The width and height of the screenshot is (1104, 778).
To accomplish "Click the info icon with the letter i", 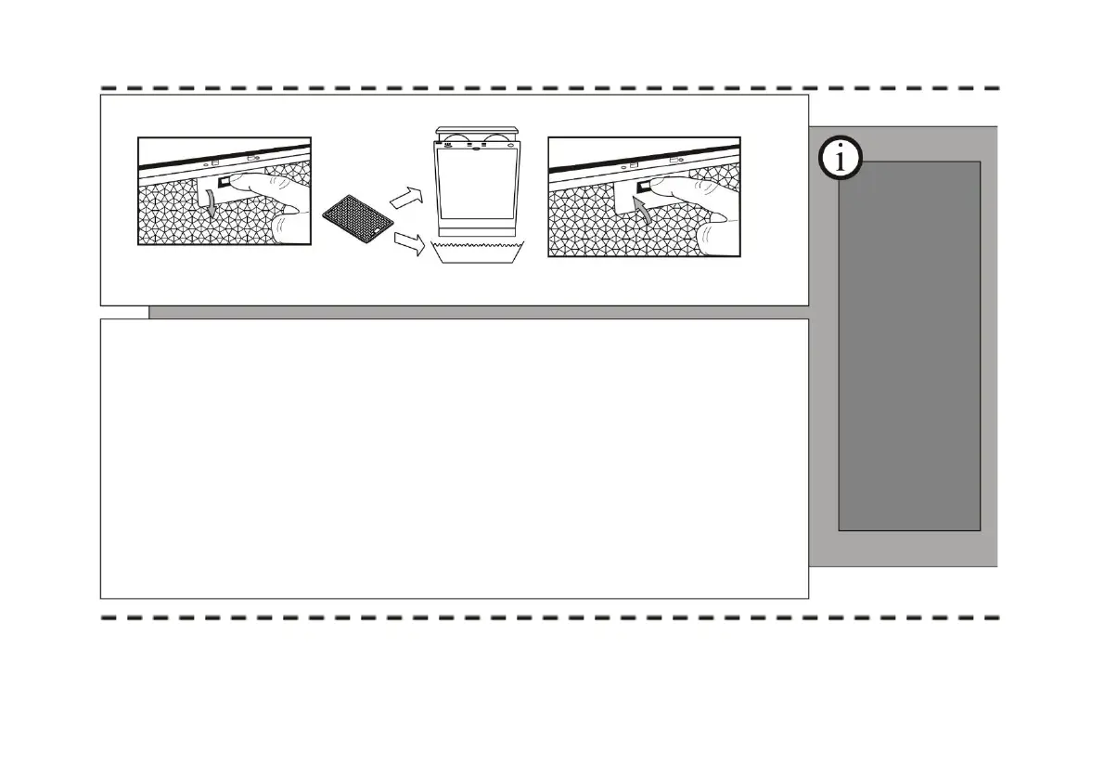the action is point(841,160).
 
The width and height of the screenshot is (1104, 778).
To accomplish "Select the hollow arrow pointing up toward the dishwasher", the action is point(404,197).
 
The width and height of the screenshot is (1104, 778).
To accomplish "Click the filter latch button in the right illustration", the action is point(642,186).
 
